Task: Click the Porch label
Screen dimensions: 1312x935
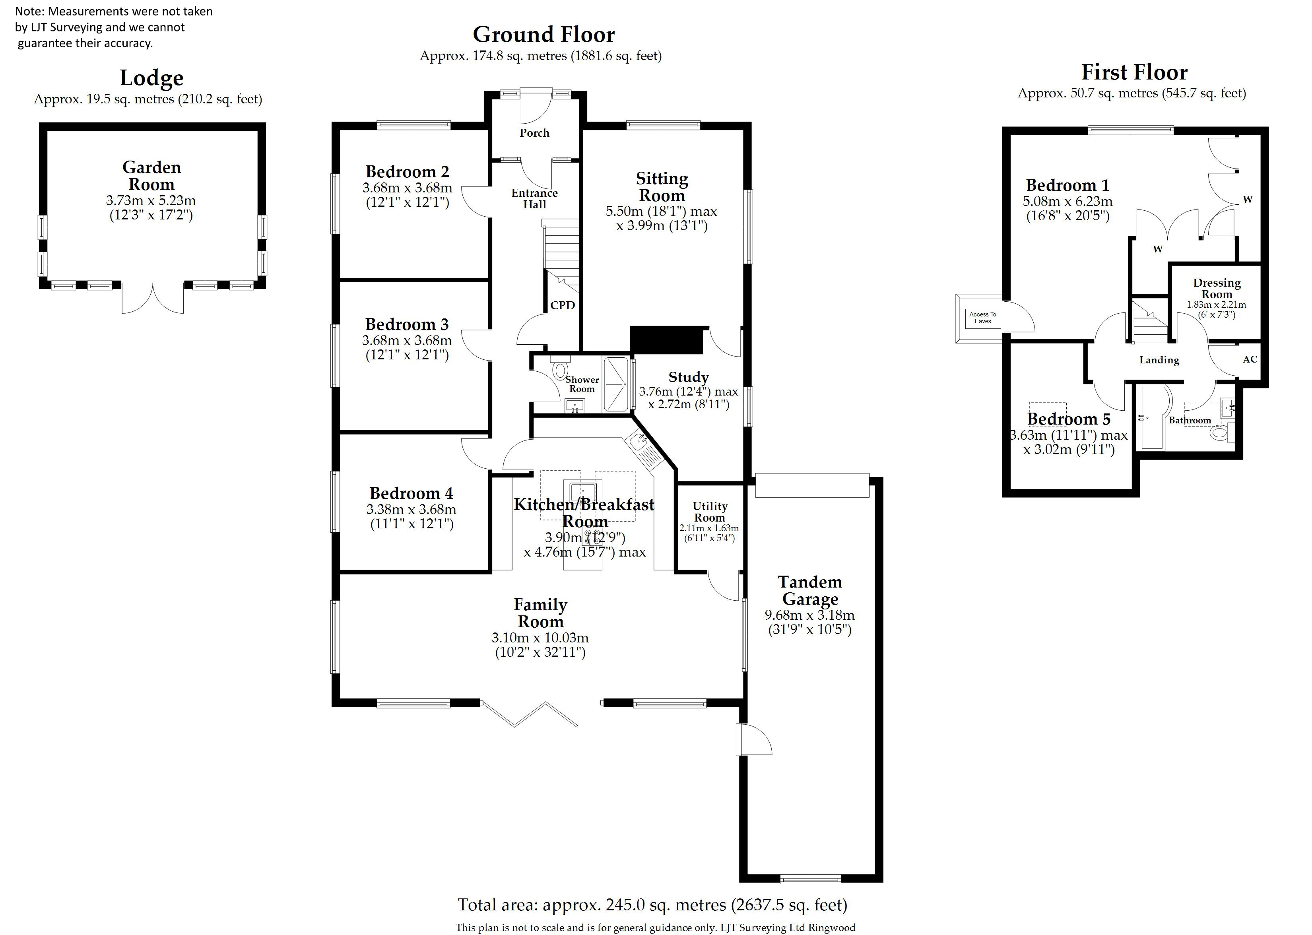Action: (534, 133)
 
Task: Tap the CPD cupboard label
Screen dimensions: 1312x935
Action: (563, 305)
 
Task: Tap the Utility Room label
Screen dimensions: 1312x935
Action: (710, 512)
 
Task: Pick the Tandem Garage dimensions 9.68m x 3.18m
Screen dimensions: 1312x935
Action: (809, 615)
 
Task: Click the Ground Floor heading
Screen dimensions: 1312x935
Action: (543, 35)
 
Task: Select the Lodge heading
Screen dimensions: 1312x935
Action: (151, 78)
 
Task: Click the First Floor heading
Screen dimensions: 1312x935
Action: (1134, 72)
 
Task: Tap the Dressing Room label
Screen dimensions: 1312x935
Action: (1217, 289)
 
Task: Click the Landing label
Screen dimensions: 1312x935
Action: (1159, 360)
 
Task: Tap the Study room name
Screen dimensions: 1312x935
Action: (689, 377)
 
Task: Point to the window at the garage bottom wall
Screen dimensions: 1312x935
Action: (810, 879)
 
